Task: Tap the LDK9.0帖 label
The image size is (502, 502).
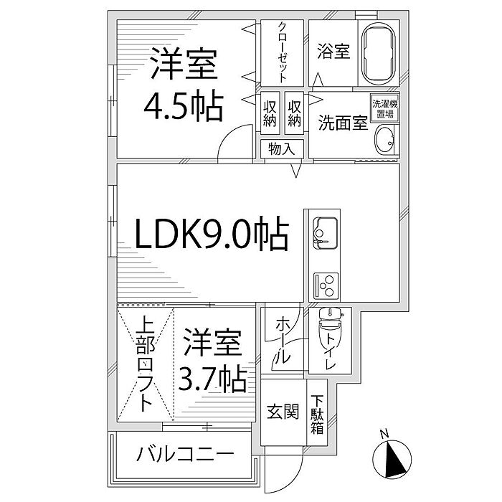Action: point(212,235)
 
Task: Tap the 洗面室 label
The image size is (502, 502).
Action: point(343,122)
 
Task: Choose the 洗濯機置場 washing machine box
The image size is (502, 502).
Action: point(384,108)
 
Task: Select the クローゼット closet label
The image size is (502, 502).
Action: point(283,52)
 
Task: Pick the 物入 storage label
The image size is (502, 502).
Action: point(282,149)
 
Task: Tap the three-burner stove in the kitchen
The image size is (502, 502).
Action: point(326,285)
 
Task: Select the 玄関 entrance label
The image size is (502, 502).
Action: point(283,414)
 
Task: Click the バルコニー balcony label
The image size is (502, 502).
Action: point(185,454)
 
